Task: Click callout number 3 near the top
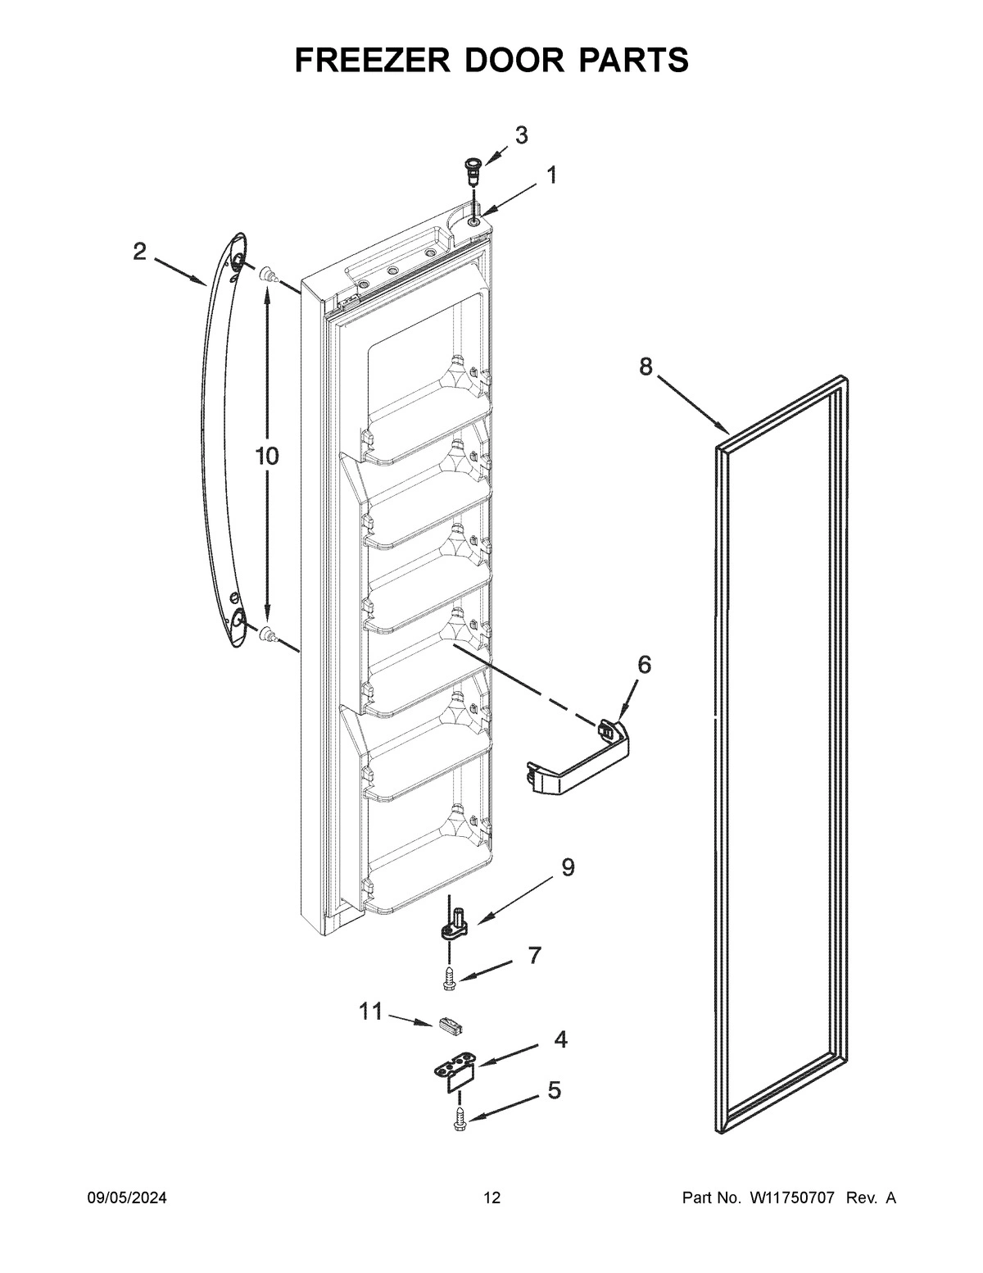point(521,135)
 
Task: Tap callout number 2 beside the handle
point(140,252)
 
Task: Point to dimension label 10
point(266,457)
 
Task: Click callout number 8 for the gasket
point(646,366)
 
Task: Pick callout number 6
point(645,664)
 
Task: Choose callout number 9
point(567,867)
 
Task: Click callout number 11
point(371,1012)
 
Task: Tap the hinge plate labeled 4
point(455,1073)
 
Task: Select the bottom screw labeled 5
point(459,1119)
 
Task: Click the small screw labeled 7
point(449,978)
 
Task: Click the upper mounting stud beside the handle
point(265,277)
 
